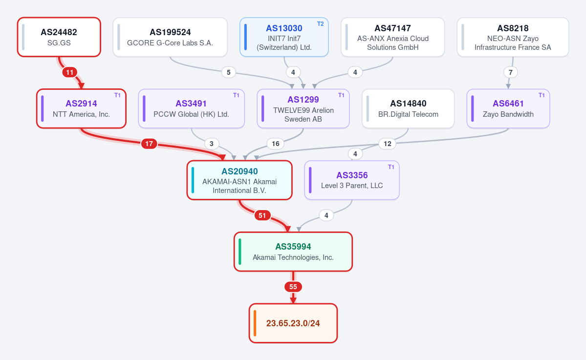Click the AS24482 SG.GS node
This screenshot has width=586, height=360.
[59, 37]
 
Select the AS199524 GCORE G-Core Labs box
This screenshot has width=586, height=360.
[170, 37]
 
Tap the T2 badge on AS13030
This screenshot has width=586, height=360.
[320, 24]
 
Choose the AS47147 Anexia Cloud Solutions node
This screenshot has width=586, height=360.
[393, 37]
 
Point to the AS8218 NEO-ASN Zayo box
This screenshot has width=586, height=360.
[513, 37]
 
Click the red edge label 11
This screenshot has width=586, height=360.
[70, 72]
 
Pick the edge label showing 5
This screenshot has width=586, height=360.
[228, 72]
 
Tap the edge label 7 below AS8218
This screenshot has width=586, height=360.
[511, 72]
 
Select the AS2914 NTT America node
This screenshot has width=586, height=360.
[81, 108]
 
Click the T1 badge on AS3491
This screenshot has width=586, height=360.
[236, 95]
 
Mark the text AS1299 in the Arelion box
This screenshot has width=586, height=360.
[303, 100]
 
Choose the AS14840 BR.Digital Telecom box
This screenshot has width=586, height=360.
[408, 108]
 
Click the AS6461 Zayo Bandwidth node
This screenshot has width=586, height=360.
[508, 108]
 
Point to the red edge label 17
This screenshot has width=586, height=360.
[149, 144]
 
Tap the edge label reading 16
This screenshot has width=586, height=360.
[276, 144]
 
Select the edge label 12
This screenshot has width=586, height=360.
[388, 144]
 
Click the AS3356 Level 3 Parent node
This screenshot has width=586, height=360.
[352, 180]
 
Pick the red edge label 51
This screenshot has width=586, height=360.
[262, 215]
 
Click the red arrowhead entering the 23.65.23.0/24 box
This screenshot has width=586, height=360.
[293, 300]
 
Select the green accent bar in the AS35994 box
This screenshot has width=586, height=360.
[240, 252]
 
